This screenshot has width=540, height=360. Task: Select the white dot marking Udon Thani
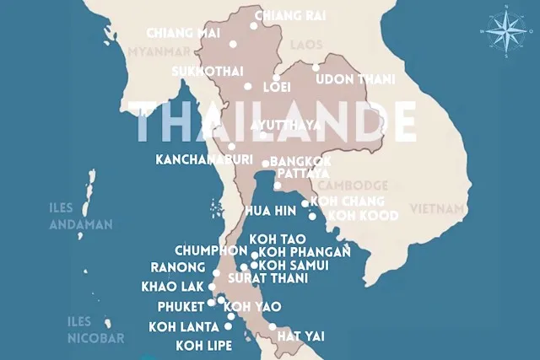click(316, 67)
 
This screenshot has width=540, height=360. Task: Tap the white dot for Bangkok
click(265, 164)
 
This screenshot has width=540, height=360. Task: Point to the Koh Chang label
click(347, 201)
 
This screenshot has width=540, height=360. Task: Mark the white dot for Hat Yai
click(272, 327)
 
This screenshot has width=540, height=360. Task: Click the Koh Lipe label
click(201, 345)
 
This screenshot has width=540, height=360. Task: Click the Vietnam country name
click(436, 208)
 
